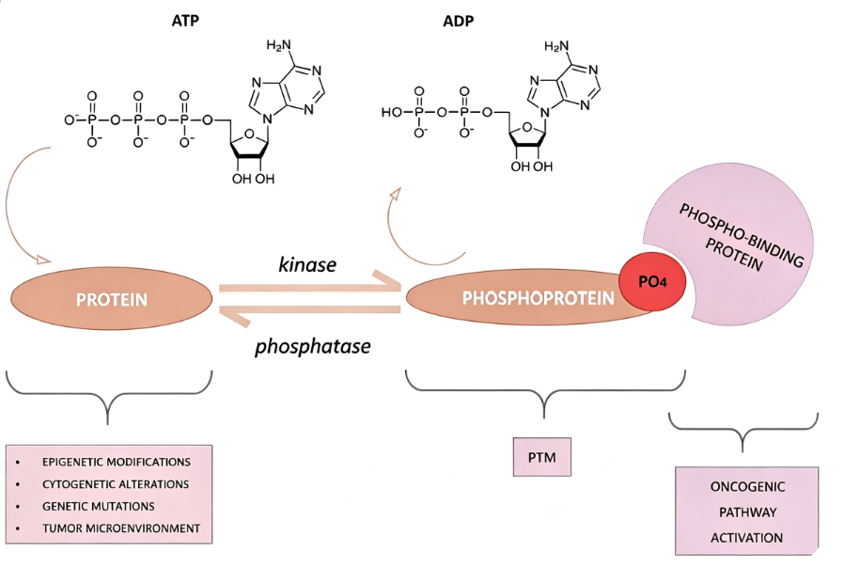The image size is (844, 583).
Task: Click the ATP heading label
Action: click(x=185, y=21)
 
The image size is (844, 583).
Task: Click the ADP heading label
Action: click(x=458, y=21)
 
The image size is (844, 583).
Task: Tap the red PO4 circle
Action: click(x=652, y=281)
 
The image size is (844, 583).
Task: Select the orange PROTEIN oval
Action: click(x=112, y=299)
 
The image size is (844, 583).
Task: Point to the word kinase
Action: click(x=307, y=264)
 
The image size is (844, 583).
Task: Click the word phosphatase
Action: click(x=313, y=346)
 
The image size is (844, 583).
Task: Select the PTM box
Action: click(x=542, y=457)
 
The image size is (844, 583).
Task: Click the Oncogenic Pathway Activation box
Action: click(x=746, y=511)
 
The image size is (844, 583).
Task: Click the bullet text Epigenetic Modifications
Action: click(x=117, y=462)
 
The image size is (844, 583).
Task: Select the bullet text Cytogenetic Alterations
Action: click(x=116, y=484)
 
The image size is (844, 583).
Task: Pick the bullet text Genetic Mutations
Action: click(x=99, y=506)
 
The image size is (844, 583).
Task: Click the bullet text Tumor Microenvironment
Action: click(x=121, y=528)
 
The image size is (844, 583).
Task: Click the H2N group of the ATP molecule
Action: click(x=279, y=45)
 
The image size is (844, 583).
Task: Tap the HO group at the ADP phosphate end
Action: click(x=391, y=112)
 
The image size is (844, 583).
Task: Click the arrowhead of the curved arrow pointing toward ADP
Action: click(x=397, y=193)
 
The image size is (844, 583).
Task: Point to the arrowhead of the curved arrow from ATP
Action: click(x=43, y=260)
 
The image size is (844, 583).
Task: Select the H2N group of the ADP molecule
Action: click(x=556, y=46)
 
